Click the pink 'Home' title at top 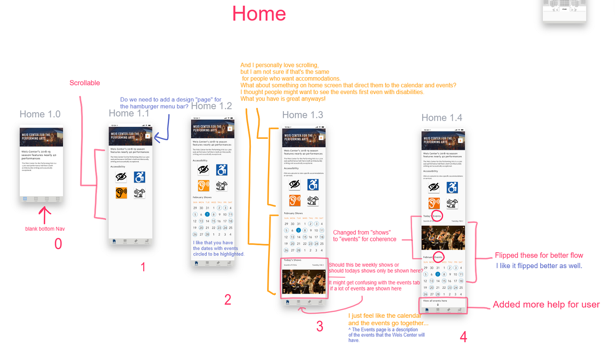pos(259,14)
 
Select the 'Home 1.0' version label pos(40,114)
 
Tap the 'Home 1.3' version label pos(303,115)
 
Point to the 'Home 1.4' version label pos(441,117)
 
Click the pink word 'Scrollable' pos(85,83)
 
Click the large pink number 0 pos(58,244)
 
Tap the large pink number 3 pos(319,326)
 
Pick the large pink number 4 pos(463,337)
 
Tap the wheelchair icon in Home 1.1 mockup pos(140,177)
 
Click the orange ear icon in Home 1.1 pos(121,193)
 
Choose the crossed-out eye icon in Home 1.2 pos(203,170)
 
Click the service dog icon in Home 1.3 pos(312,200)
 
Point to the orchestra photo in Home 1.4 pos(443,238)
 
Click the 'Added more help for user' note pos(546,305)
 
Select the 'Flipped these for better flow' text pos(539,255)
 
